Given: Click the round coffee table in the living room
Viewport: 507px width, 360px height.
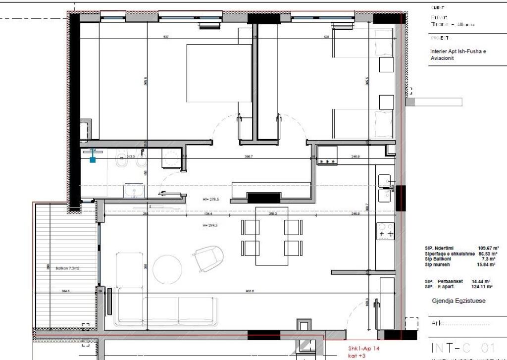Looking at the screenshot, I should [x=167, y=269].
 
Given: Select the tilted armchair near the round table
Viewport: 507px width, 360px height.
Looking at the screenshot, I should [x=208, y=258].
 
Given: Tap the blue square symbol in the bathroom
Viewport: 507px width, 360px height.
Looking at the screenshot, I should [x=93, y=159].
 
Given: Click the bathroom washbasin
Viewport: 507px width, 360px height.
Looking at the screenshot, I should [x=134, y=190].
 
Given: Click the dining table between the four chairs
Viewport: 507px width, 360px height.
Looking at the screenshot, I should [x=272, y=235].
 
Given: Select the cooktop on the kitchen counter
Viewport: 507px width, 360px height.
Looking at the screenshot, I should [x=385, y=231].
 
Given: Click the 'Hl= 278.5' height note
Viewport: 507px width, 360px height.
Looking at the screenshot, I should [x=210, y=200].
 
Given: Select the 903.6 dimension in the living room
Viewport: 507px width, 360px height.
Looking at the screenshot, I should [x=249, y=291].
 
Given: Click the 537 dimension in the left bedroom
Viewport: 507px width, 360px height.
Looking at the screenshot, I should [x=166, y=37].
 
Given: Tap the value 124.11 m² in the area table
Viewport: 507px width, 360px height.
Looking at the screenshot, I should [x=482, y=287].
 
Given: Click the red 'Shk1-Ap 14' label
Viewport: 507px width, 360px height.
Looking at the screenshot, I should [x=364, y=348].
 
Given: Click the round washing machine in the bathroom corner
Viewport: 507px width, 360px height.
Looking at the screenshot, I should [x=172, y=159].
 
